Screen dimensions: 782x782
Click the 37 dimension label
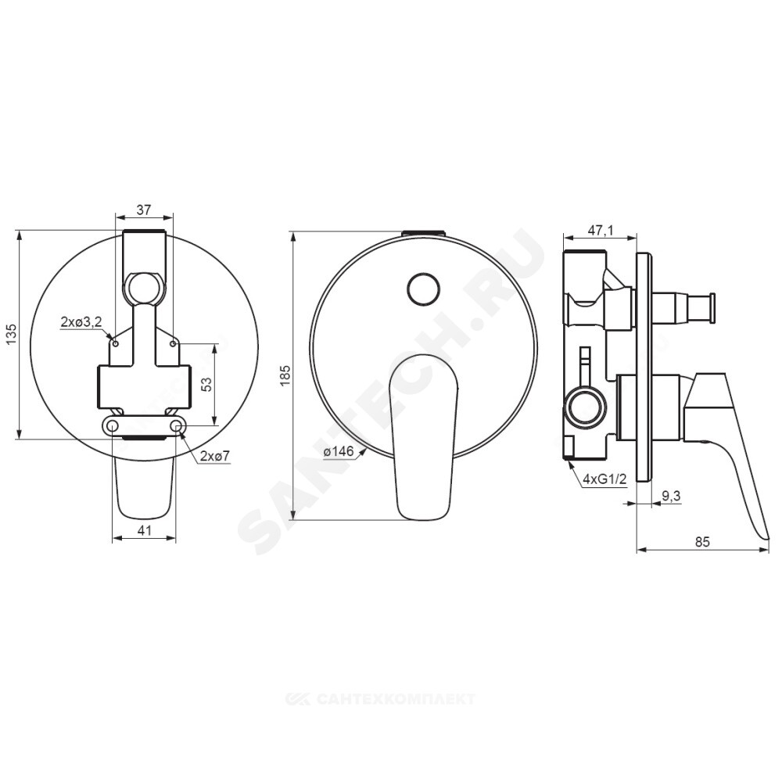coord(144,210)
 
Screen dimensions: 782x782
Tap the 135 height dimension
coord(12,334)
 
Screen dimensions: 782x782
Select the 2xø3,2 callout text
coord(81,321)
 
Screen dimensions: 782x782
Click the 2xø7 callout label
coord(215,455)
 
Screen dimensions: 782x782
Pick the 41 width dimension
coord(144,530)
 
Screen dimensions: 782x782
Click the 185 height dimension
coord(285,375)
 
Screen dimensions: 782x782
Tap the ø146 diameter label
coord(338,452)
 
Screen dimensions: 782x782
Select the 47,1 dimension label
coord(600,230)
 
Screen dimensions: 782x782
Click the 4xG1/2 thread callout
coord(604,479)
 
